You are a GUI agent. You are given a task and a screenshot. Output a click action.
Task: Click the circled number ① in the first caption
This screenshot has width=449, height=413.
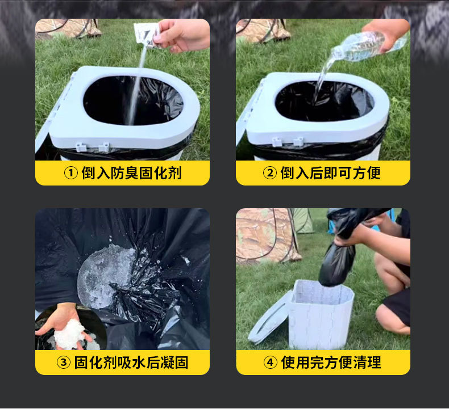click(x=70, y=173)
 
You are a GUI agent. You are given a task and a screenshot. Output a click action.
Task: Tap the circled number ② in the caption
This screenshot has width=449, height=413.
click(x=270, y=173)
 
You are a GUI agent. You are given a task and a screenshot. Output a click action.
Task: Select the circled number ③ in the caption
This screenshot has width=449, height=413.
click(x=64, y=363)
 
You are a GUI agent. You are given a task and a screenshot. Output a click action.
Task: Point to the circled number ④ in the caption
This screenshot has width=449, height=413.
click(x=271, y=363)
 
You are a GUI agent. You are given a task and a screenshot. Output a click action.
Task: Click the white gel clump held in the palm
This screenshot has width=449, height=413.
click(x=69, y=334)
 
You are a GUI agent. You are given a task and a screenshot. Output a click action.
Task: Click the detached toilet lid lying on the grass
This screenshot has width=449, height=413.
click(x=268, y=319)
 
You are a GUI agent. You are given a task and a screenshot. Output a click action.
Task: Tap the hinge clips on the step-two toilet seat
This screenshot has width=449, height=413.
click(x=287, y=141)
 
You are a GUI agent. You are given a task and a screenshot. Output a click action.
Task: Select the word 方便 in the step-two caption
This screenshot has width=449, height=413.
click(x=367, y=173)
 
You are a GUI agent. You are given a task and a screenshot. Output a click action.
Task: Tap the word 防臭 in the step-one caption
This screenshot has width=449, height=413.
click(x=125, y=173)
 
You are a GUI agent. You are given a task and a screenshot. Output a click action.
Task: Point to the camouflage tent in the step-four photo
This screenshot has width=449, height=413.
click(x=268, y=236)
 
